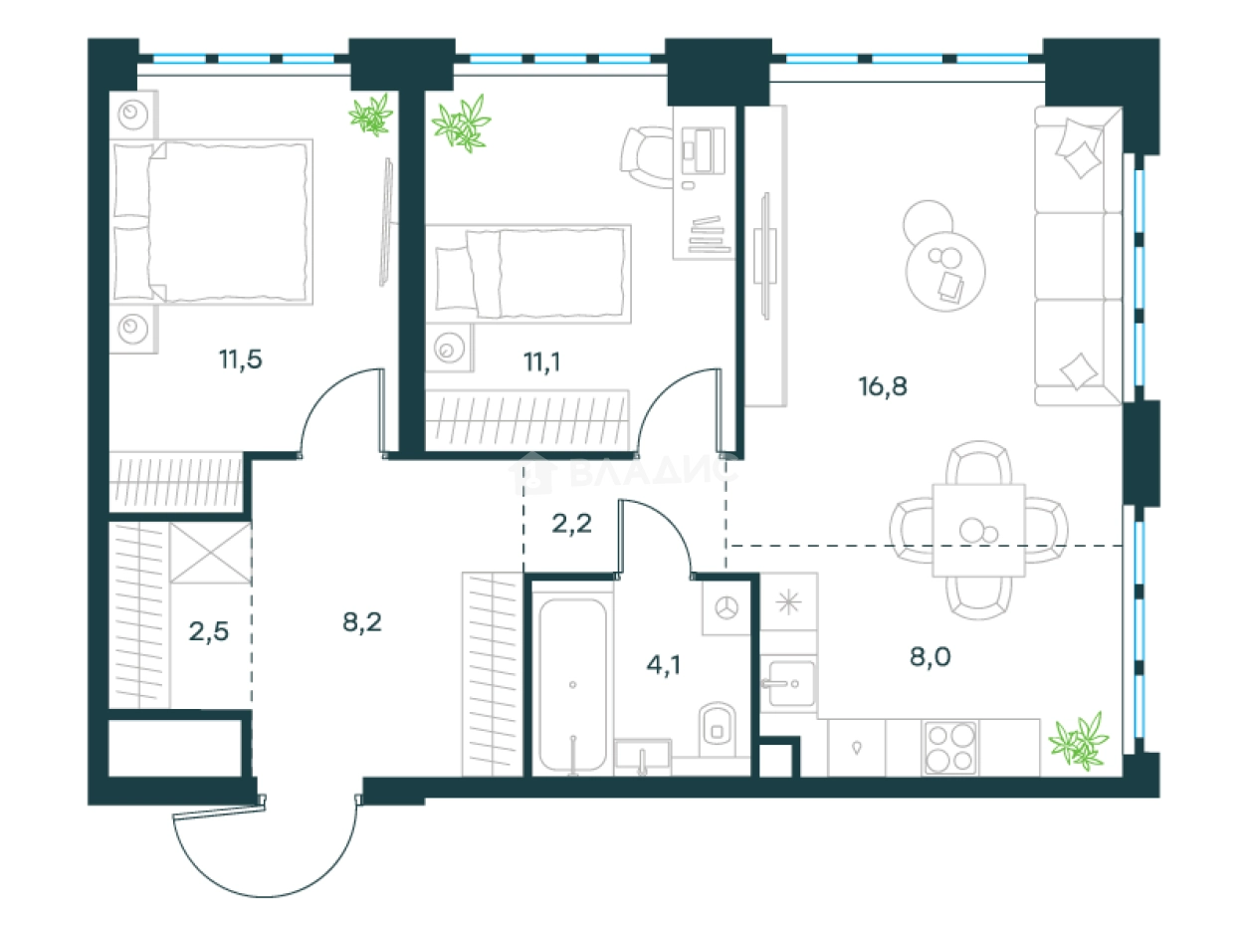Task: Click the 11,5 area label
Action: [x=241, y=360]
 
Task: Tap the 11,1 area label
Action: [x=541, y=360]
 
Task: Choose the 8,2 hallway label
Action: [x=361, y=623]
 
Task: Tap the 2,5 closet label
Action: [x=209, y=631]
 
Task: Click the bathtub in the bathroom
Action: [x=573, y=685]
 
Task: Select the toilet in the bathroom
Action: [x=717, y=725]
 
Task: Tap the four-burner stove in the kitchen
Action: [x=949, y=747]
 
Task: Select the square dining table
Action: [x=978, y=530]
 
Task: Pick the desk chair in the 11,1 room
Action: [x=648, y=155]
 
